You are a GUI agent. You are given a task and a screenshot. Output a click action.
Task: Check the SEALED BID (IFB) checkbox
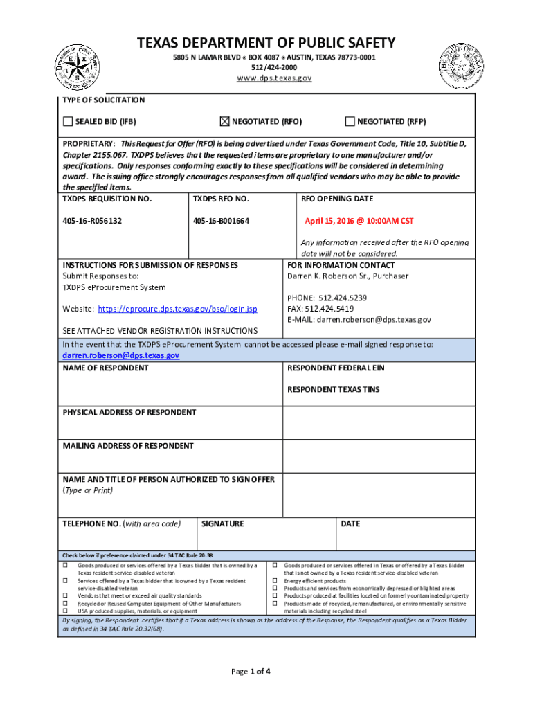[x=68, y=122]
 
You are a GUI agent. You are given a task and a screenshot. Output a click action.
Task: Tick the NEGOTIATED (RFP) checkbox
[x=350, y=122]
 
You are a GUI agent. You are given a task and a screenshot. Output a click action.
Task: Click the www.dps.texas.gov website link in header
[x=274, y=78]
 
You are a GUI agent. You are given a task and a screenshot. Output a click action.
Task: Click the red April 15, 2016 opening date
[x=359, y=221]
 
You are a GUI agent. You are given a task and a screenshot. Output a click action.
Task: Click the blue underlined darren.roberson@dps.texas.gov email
[x=121, y=355]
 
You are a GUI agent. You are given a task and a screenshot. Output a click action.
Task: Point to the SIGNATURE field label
[x=222, y=524]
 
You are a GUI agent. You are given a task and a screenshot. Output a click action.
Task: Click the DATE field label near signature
[x=350, y=524]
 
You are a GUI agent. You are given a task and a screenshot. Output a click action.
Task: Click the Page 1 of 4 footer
[x=252, y=672]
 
